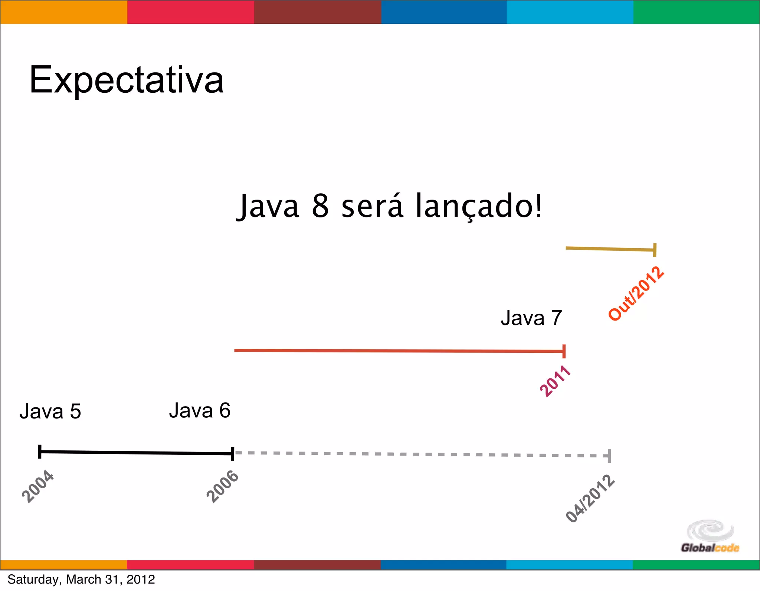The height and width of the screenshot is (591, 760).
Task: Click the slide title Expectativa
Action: click(x=127, y=80)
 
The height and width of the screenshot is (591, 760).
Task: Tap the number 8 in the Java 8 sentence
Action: click(x=320, y=206)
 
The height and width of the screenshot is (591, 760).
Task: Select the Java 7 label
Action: click(x=531, y=318)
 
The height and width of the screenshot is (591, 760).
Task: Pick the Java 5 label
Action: click(x=50, y=411)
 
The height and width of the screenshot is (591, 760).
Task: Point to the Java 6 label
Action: click(x=200, y=410)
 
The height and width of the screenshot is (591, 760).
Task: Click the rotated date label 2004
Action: click(x=38, y=486)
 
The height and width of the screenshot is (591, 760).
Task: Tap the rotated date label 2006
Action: click(x=223, y=486)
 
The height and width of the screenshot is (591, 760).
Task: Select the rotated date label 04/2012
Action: click(x=590, y=499)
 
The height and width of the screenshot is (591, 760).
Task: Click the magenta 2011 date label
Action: click(x=555, y=381)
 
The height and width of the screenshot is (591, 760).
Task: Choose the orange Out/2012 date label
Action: click(x=636, y=293)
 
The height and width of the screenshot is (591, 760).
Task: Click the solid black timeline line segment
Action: click(x=136, y=453)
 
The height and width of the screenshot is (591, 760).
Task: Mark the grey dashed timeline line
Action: click(x=419, y=454)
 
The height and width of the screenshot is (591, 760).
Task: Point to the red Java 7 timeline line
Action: click(x=399, y=351)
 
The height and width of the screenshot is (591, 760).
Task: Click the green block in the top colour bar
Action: click(x=697, y=12)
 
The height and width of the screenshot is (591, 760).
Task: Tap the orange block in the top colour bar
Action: click(x=63, y=12)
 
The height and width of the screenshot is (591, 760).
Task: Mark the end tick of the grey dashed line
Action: click(x=609, y=456)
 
